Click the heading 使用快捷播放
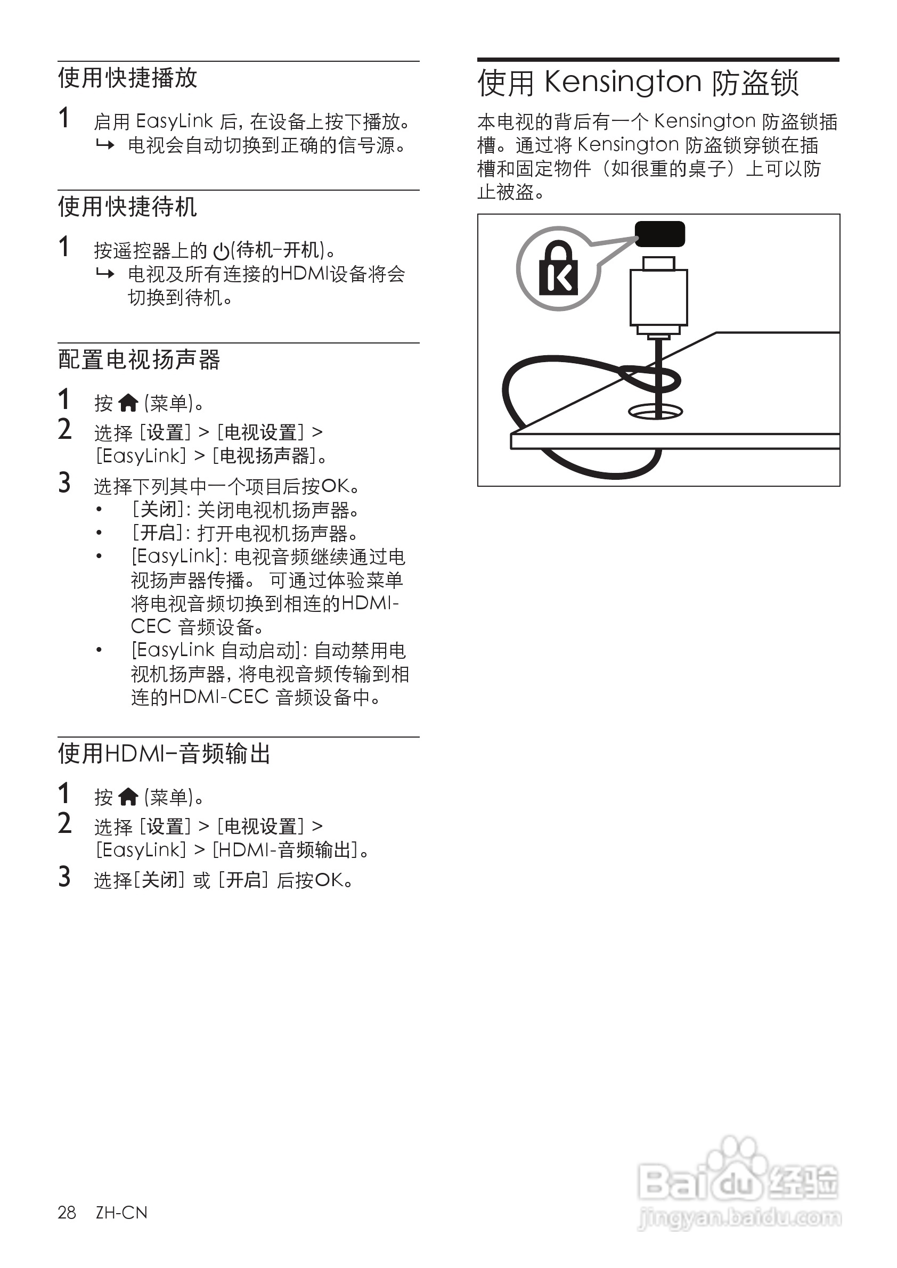[128, 78]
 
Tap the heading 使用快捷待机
[128, 207]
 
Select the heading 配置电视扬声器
[139, 360]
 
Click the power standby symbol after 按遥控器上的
[222, 252]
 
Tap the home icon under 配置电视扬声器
[128, 404]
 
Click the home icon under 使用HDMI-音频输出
[128, 797]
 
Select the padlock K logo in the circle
[558, 268]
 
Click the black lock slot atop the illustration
[659, 234]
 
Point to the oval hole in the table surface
[656, 412]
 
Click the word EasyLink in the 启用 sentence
[174, 121]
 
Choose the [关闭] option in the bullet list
[158, 510]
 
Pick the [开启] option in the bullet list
[158, 533]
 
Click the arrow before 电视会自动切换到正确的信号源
[105, 146]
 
